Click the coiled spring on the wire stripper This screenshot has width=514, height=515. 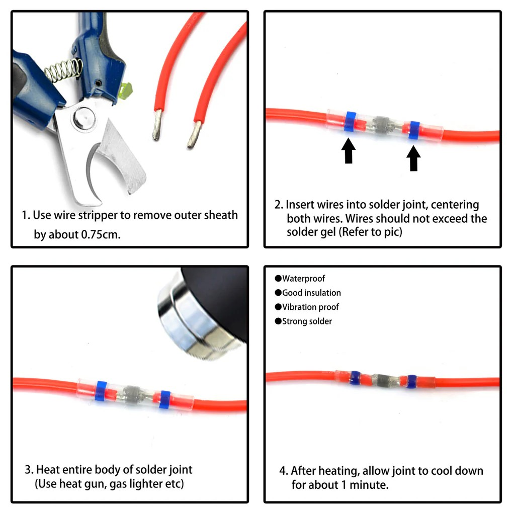(x=63, y=69)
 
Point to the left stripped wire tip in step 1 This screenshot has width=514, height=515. (x=157, y=125)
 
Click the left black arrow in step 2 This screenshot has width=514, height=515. (x=349, y=151)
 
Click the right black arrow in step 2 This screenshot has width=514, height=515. (x=413, y=158)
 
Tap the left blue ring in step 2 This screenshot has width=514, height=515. (x=350, y=122)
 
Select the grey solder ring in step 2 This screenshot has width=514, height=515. (x=382, y=125)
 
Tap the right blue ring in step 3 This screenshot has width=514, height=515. (x=164, y=399)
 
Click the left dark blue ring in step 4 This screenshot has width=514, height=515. (x=355, y=378)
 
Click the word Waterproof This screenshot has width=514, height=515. (x=303, y=279)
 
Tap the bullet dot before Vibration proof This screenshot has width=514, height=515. (x=278, y=307)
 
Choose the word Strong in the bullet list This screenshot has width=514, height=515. (x=294, y=321)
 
